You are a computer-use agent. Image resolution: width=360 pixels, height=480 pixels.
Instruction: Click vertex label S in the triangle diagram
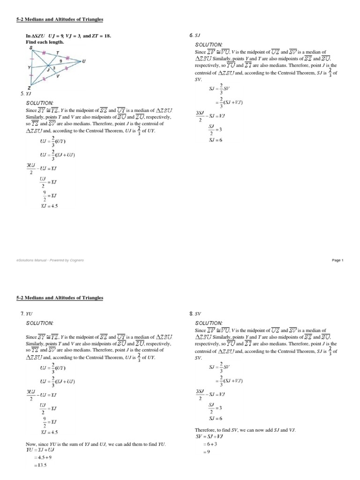coord(31,48)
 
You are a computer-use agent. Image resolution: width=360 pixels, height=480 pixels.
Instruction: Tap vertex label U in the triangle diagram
coord(83,61)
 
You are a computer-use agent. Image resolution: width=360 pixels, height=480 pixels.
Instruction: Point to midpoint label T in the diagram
coord(57,52)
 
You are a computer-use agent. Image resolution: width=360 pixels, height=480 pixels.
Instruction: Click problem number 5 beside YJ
coord(22,94)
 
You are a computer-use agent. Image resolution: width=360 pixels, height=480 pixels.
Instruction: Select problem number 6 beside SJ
coord(191,36)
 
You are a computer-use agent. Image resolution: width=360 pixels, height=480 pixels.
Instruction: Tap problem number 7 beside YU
coord(22,313)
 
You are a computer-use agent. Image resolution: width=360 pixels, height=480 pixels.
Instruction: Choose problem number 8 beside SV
coord(191,313)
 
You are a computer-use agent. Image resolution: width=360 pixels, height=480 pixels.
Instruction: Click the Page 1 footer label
coord(337,260)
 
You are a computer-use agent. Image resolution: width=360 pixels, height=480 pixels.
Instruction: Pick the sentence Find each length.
coord(45,42)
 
